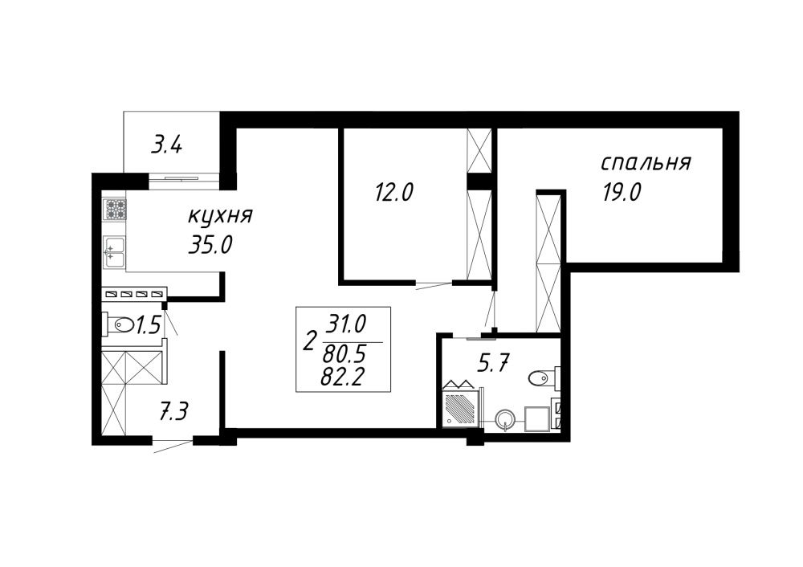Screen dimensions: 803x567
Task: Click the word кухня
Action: tap(220, 217)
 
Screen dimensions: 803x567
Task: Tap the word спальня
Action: tap(646, 163)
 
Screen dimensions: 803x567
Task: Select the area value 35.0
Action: tap(211, 246)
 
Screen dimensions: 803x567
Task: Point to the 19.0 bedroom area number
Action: tap(622, 193)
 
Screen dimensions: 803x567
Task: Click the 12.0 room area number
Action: tap(393, 193)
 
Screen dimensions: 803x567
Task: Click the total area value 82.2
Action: tap(342, 378)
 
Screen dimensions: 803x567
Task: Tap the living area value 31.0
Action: tap(347, 324)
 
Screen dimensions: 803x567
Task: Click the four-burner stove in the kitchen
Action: tap(115, 209)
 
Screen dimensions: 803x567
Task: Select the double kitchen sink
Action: tap(115, 252)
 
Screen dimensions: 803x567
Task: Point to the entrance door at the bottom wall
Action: tap(173, 445)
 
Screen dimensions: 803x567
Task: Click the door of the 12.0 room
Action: tap(434, 285)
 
